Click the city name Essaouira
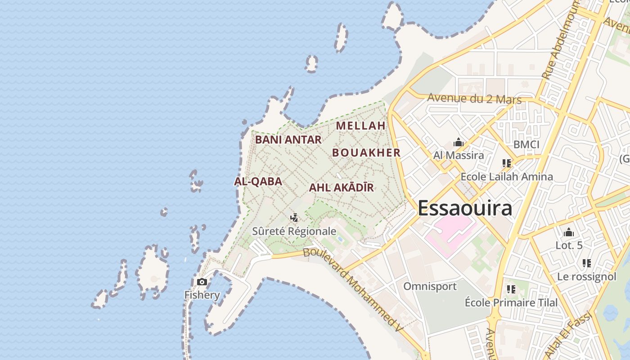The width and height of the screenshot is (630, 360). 465,208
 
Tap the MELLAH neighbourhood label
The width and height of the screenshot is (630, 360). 361,126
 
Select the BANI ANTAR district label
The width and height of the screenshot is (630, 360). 288,139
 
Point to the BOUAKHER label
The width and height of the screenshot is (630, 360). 366,153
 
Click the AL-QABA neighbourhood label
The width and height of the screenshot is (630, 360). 258,181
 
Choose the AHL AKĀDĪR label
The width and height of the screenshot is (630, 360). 341,188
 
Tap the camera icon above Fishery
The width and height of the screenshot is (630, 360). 202,282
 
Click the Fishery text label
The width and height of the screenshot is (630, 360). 202,295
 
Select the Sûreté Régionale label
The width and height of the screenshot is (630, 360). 294,231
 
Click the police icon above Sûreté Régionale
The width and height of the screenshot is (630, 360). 294,218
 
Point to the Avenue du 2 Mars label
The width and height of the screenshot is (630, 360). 474,99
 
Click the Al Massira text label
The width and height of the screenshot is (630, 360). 459,156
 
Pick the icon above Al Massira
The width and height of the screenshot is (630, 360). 459,143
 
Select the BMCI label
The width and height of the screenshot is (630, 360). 526,144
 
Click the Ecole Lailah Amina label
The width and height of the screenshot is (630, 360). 507,176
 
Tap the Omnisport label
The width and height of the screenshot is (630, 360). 430,286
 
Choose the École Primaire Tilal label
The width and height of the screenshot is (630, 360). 511,302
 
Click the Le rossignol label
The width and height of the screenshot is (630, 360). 586,276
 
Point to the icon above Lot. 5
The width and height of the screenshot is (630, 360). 569,233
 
